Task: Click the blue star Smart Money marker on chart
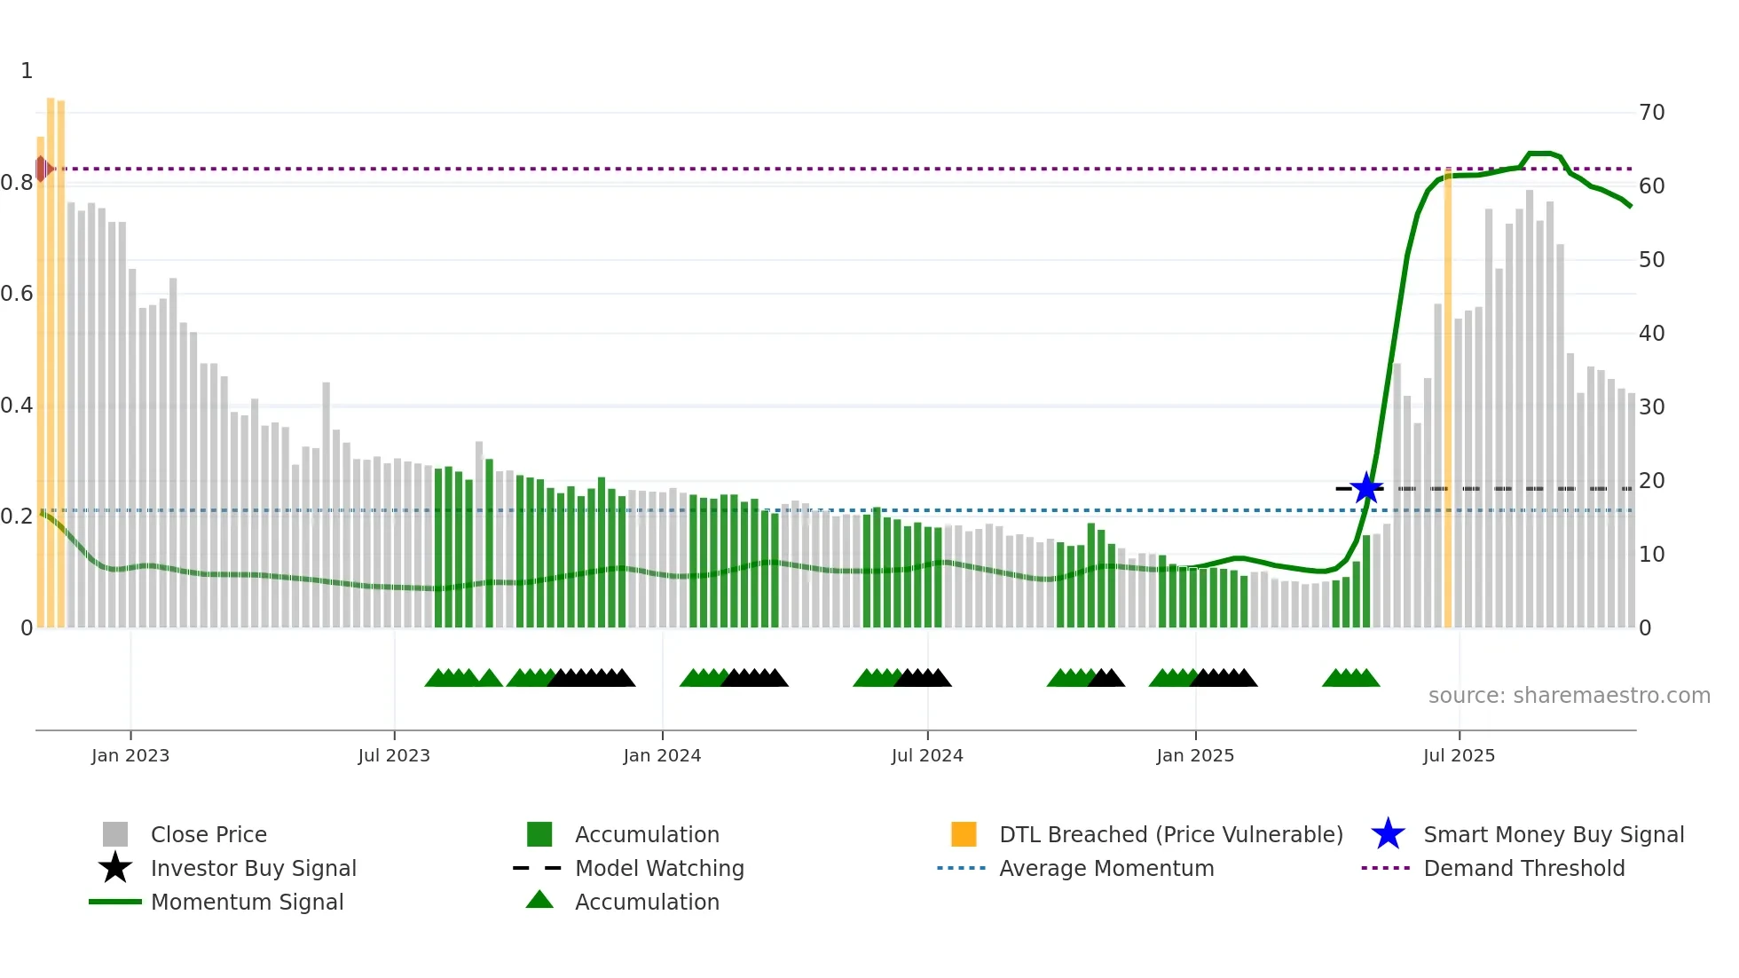click(1366, 488)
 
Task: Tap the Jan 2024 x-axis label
click(662, 755)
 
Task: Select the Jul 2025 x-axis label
click(1459, 755)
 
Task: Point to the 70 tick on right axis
click(1651, 113)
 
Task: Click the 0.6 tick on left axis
click(17, 294)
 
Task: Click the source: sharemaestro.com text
click(1569, 696)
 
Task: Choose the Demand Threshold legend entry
click(1523, 868)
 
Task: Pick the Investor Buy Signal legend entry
click(253, 868)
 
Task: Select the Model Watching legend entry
click(658, 868)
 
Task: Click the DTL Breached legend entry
click(1170, 834)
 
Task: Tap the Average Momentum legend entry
click(1106, 868)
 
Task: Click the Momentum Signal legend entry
click(247, 902)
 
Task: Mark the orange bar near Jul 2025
click(1448, 399)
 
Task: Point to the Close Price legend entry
click(208, 834)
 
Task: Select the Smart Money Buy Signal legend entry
click(1553, 834)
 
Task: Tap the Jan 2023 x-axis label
click(130, 755)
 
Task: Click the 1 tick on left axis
click(27, 71)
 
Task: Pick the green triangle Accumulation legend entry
click(646, 902)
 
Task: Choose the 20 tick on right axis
click(1651, 481)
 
